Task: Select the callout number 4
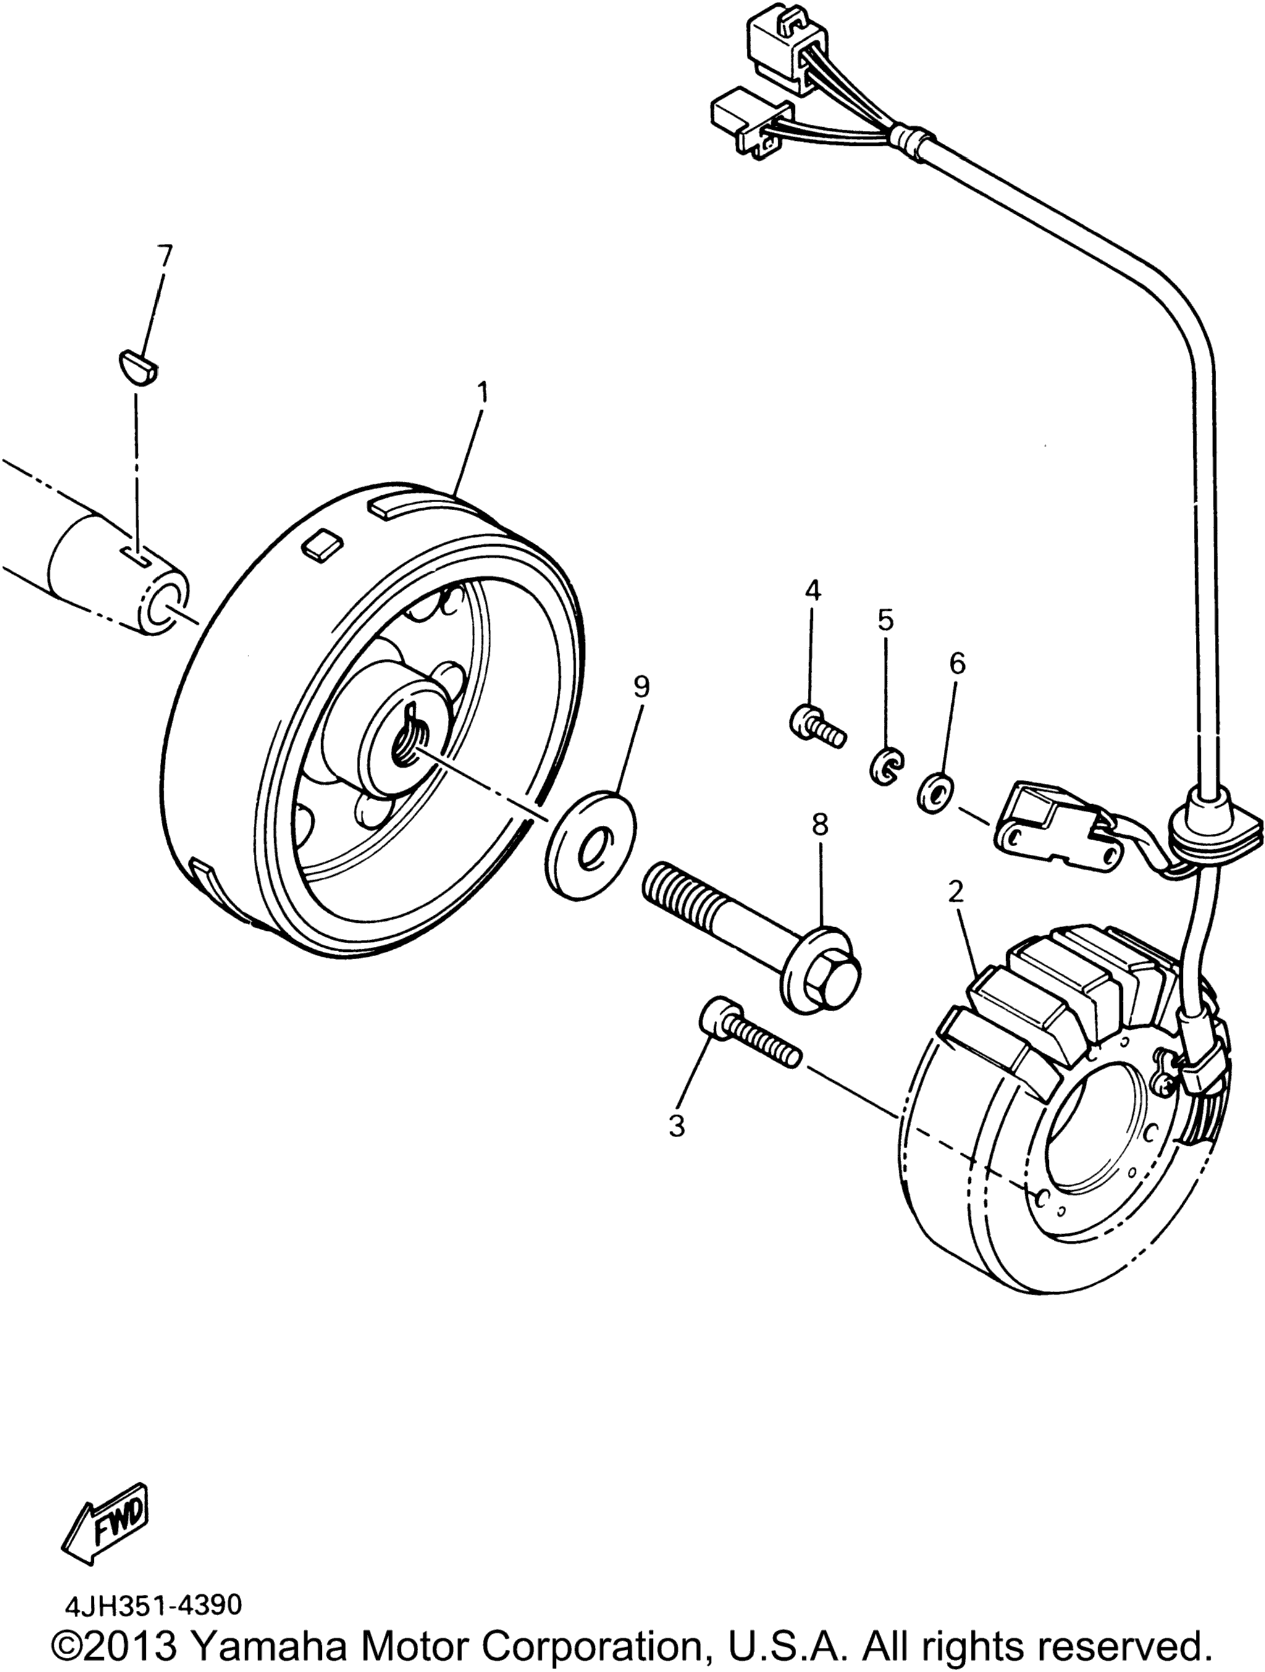click(x=812, y=591)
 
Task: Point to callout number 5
click(x=885, y=620)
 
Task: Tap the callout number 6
click(x=957, y=663)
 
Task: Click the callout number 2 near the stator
click(x=957, y=893)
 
